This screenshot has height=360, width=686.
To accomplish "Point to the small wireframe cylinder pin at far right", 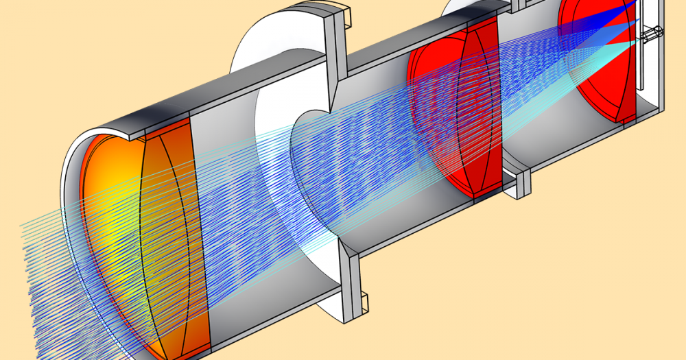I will (652, 32).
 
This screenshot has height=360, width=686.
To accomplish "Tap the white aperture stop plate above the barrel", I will (274, 41).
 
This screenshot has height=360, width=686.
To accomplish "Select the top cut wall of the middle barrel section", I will (412, 41).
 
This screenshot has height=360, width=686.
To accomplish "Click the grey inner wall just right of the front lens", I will (233, 206).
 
